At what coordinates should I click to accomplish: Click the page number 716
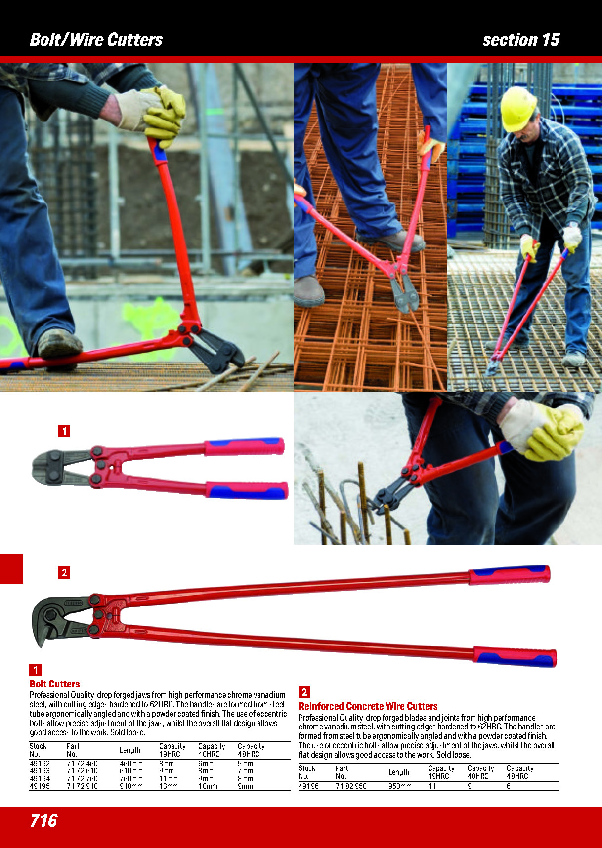[x=43, y=820]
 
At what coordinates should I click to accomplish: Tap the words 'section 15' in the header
[x=521, y=40]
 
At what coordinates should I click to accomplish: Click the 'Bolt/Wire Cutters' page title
[x=96, y=40]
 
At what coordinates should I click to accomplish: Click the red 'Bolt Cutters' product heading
[x=55, y=684]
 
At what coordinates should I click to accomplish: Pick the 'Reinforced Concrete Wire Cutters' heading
[x=368, y=706]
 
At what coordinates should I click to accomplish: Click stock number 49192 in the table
[x=40, y=764]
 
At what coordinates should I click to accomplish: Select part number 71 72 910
[x=82, y=786]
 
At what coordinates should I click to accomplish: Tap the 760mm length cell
[x=131, y=779]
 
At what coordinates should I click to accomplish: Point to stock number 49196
[x=308, y=786]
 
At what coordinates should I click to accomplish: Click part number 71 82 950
[x=351, y=786]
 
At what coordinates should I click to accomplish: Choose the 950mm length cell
[x=400, y=786]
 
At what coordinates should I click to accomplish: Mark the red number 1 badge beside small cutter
[x=64, y=431]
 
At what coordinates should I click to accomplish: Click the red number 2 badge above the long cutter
[x=64, y=573]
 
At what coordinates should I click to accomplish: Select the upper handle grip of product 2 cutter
[x=509, y=575]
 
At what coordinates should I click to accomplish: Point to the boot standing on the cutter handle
[x=59, y=343]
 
